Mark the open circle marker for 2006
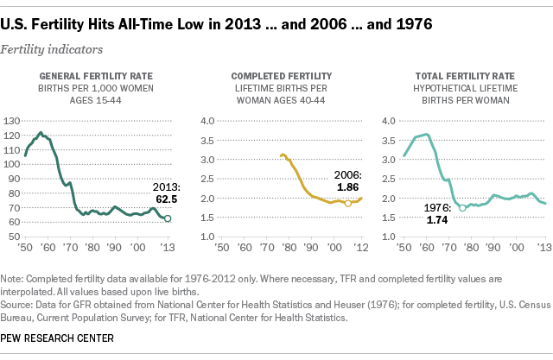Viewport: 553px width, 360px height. coord(348,204)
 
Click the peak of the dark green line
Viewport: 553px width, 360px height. coord(41,133)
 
